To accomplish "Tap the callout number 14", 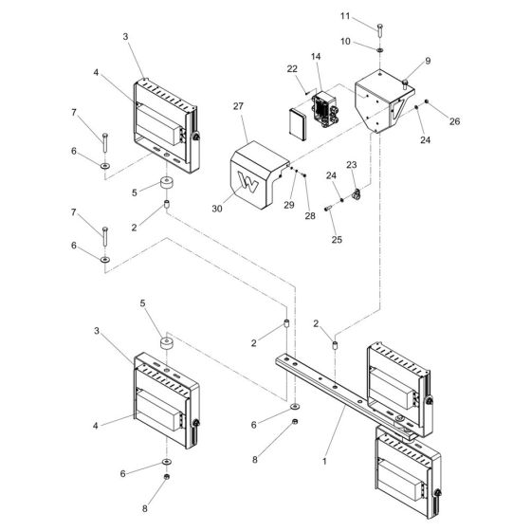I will tap(316, 59).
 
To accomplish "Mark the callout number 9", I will tap(428, 60).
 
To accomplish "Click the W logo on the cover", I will tap(249, 183).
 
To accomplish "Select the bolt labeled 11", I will tap(379, 27).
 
